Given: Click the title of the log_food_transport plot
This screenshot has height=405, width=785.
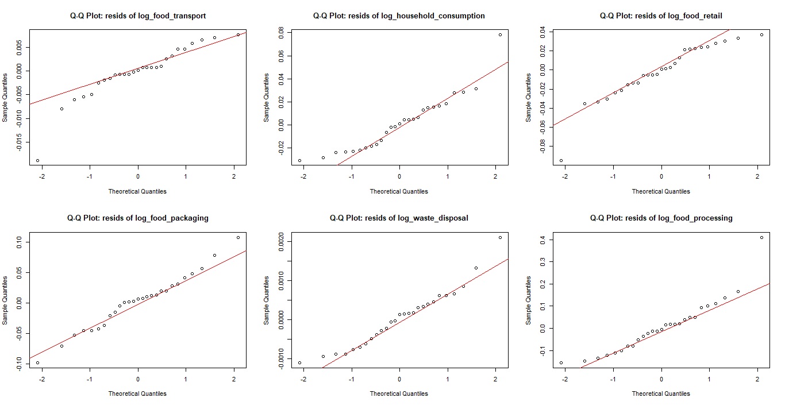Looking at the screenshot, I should (x=137, y=16).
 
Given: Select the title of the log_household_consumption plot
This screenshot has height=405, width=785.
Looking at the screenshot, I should (x=399, y=16).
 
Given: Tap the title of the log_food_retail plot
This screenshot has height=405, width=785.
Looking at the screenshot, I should (x=661, y=16).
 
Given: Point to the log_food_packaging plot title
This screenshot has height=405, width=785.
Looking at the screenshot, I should (x=137, y=218).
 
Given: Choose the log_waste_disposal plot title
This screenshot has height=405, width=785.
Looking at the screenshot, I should (x=399, y=218).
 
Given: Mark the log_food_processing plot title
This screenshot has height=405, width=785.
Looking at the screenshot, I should (x=661, y=218).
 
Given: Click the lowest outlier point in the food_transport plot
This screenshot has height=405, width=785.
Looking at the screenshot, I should (x=37, y=160).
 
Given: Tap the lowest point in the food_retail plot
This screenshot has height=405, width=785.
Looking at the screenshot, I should (x=561, y=160).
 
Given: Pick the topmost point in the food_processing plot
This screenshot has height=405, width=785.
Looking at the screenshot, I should (x=761, y=237).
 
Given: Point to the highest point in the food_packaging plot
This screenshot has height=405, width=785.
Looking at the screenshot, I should (x=238, y=237).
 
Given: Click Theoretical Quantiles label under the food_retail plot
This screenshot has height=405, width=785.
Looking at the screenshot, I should (x=661, y=191).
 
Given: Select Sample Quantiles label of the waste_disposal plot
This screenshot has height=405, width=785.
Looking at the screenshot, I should (x=267, y=300).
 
